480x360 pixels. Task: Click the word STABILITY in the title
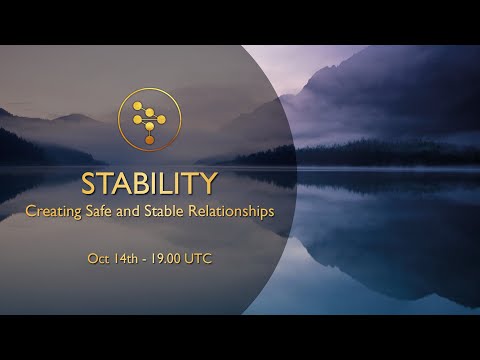pyautogui.click(x=149, y=184)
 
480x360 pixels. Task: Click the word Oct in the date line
pyautogui.click(x=98, y=258)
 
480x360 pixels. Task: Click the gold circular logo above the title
pyautogui.click(x=149, y=118)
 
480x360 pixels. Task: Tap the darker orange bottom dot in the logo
pyautogui.click(x=149, y=140)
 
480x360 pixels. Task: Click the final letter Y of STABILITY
pyautogui.click(x=208, y=184)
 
